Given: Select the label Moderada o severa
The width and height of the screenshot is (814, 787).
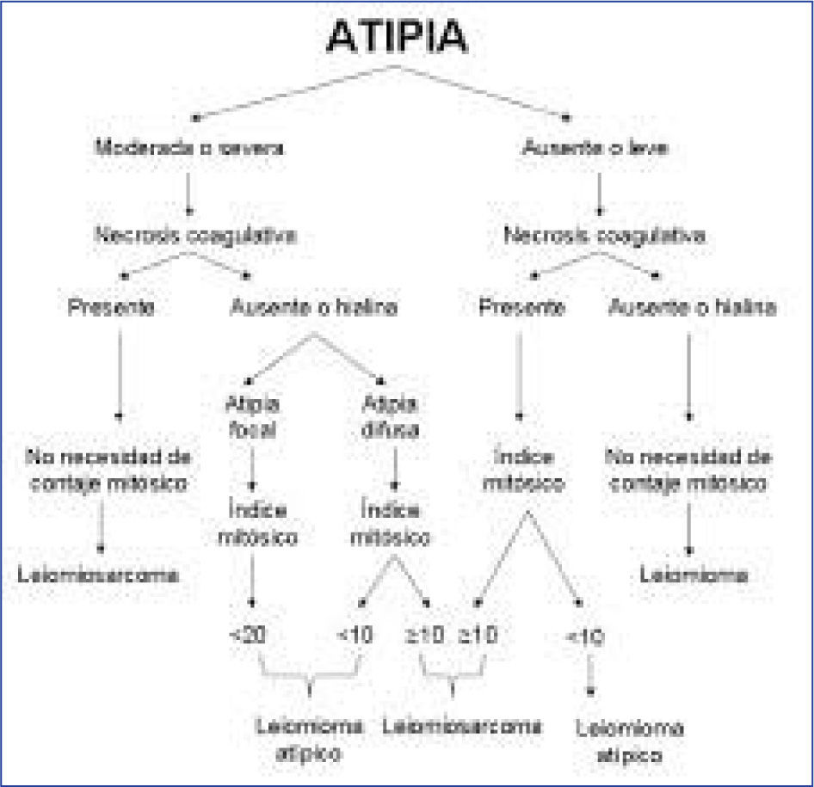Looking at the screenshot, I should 189,147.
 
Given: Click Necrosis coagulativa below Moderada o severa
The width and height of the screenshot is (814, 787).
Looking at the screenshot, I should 197,235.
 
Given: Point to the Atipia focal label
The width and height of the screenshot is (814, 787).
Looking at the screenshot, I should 251,416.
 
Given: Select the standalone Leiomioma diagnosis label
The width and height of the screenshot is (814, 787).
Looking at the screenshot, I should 694,575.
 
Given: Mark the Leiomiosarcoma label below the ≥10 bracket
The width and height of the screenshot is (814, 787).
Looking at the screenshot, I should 463,725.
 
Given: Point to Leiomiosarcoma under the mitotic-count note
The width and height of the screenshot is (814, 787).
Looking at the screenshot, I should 99,575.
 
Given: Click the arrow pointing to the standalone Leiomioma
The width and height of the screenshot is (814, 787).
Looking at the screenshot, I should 690,532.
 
